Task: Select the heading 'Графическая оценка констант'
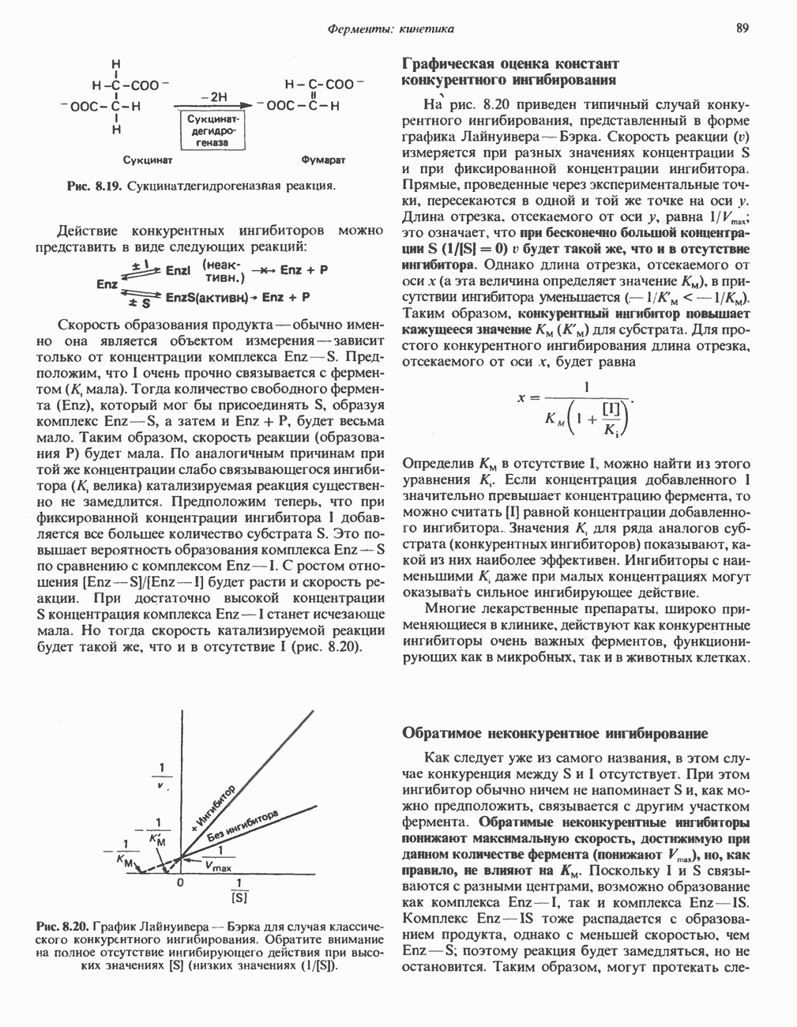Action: (510, 63)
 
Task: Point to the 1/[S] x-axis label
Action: (239, 890)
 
